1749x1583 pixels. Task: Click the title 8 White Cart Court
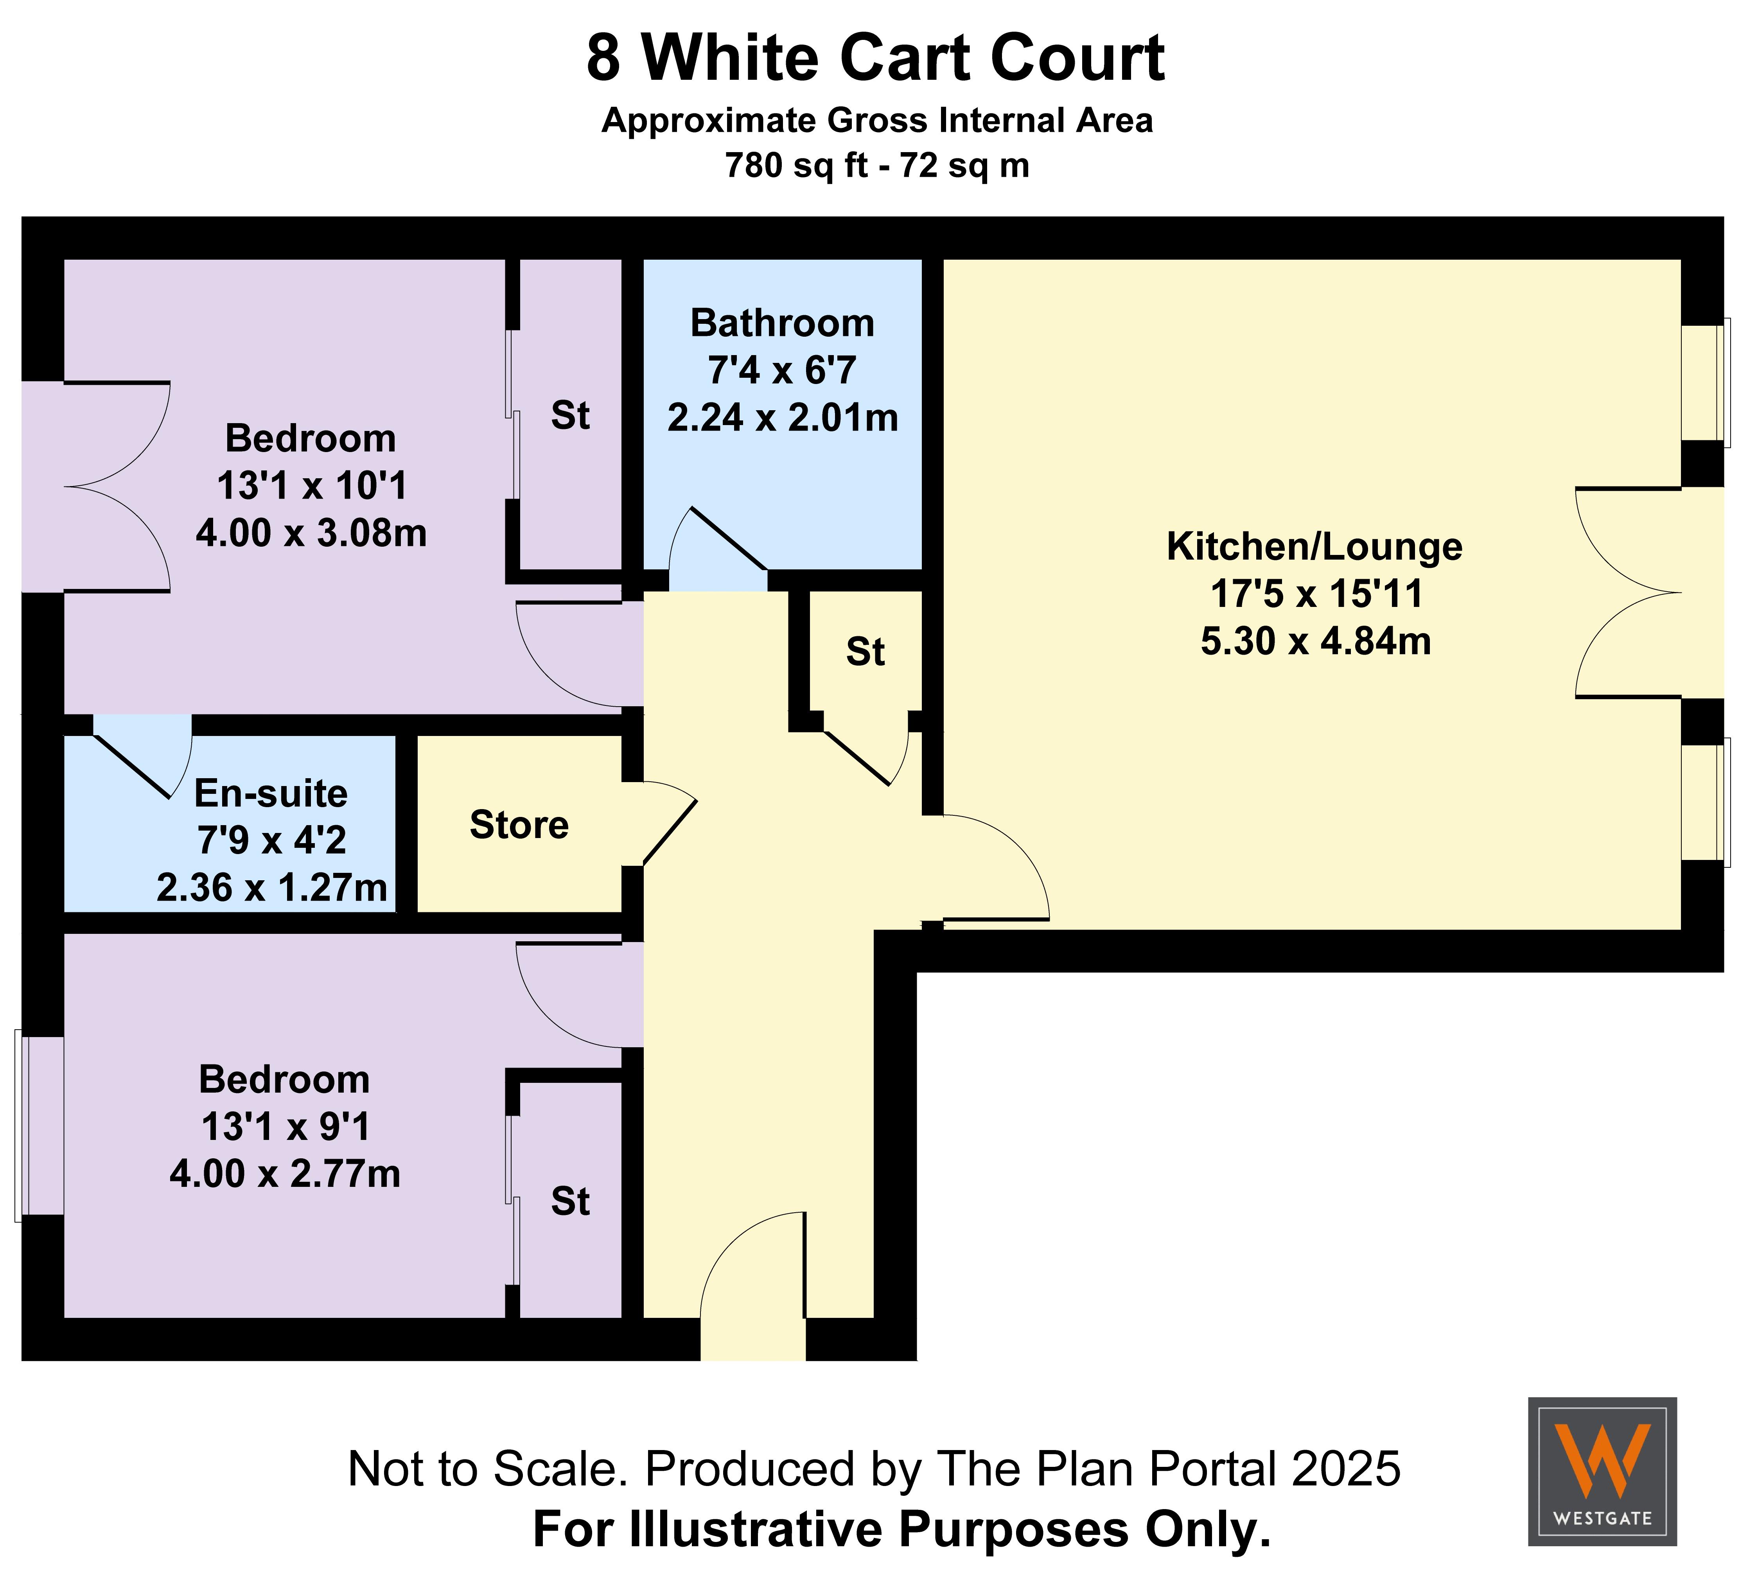875,59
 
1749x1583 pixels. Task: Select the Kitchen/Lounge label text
1314,546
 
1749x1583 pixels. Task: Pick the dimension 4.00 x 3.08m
311,533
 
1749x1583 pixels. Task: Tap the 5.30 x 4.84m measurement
1315,641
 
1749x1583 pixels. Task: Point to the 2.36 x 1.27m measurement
271,887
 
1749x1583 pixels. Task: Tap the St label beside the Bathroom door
865,652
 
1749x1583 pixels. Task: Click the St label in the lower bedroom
570,1201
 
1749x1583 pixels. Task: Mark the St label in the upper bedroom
570,416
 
